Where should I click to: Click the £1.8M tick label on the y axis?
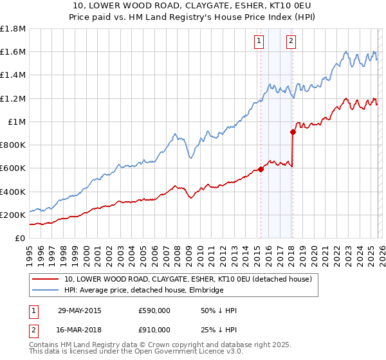coord(13,29)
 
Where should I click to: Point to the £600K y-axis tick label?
coord(13,168)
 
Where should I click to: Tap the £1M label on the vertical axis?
coord(17,122)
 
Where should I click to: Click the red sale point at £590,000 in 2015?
coord(261,170)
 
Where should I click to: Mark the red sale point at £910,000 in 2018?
coord(293,132)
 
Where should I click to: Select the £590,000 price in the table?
coord(154,310)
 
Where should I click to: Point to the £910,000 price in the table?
coord(154,330)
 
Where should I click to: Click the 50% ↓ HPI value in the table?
coord(218,310)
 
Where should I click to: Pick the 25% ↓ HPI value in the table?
coord(218,330)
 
